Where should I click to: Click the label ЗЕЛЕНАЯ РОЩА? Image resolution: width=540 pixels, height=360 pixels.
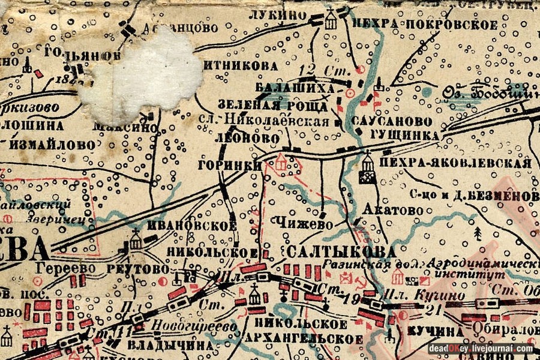pos(272,107)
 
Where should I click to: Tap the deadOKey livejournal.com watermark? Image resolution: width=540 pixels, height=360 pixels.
pos(481,348)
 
